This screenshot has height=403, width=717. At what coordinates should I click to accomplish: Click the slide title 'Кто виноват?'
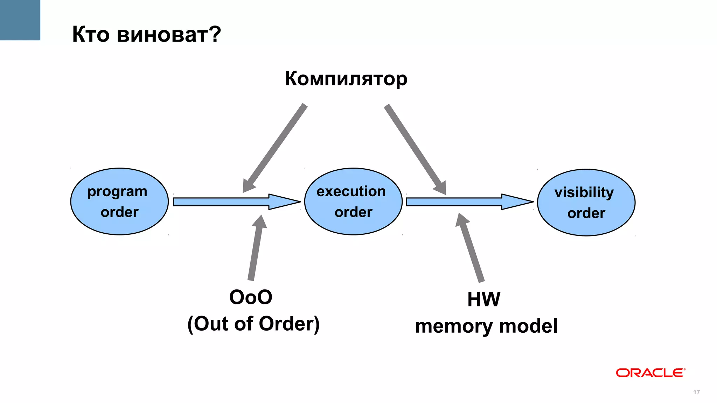(x=146, y=34)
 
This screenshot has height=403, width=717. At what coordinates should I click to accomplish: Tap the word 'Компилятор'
(x=346, y=78)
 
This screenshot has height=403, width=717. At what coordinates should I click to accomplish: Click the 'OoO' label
(x=251, y=297)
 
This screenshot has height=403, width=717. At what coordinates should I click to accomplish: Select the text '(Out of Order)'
(x=253, y=324)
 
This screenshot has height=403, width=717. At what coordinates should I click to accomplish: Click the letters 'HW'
(x=484, y=299)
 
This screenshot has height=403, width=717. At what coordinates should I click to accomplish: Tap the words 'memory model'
(x=486, y=326)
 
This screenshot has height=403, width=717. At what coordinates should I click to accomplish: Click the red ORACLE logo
(x=650, y=373)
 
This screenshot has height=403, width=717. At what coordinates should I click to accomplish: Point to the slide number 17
(x=696, y=392)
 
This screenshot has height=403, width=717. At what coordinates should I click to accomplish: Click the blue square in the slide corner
(x=20, y=20)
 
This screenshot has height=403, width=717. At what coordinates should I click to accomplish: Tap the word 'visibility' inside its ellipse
(x=584, y=192)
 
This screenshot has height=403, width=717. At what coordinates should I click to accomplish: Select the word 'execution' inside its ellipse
(x=351, y=191)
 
